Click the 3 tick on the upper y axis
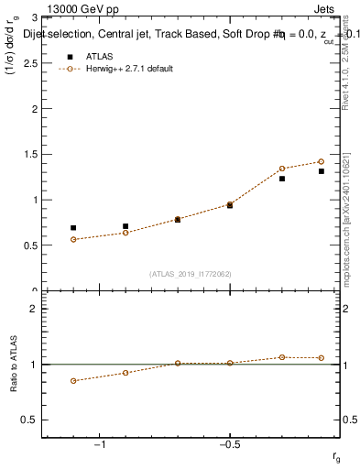tap(34, 17)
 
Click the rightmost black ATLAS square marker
tap(322, 171)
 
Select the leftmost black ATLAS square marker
tap(73, 227)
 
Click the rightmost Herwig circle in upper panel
tap(322, 161)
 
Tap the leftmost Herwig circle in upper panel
tap(73, 239)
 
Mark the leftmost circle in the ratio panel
tap(73, 381)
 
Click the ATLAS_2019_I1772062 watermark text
tap(191, 273)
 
